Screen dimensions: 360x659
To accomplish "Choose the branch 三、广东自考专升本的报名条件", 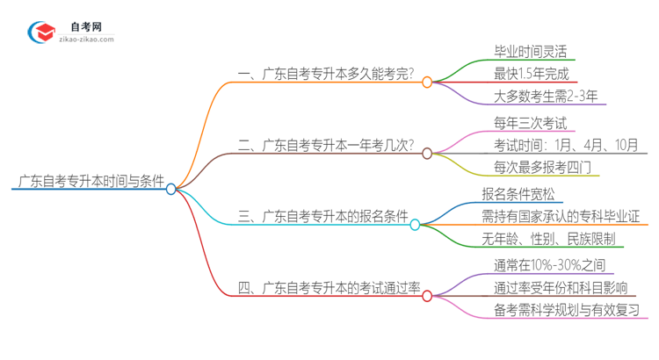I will pyautogui.click(x=323, y=217).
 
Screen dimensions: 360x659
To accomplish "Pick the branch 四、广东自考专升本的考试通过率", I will pyautogui.click(x=329, y=288).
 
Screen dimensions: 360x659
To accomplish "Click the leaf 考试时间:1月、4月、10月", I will pyautogui.click(x=566, y=145).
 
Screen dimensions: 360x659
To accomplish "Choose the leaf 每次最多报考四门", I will pyautogui.click(x=544, y=169).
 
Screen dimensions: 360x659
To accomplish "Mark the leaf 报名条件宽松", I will pyautogui.click(x=531, y=193).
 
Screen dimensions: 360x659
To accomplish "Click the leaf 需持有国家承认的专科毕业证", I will pyautogui.click(x=563, y=217).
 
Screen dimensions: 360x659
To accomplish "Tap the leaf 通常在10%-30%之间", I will pyautogui.click(x=549, y=264).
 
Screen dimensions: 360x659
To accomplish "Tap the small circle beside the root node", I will pyautogui.click(x=171, y=189).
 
